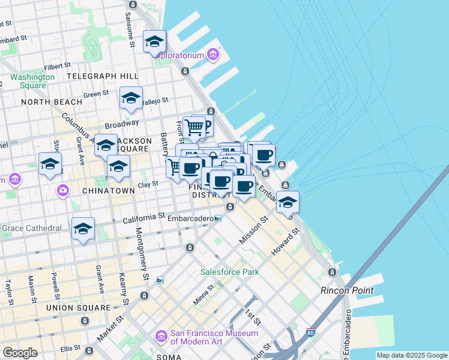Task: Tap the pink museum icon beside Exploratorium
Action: (x=212, y=56)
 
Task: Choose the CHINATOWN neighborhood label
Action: (x=109, y=190)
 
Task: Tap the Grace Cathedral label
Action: (x=31, y=228)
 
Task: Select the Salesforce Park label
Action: (x=230, y=272)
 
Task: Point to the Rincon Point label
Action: (x=347, y=290)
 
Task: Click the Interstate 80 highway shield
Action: (x=310, y=331)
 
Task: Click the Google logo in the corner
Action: (x=20, y=352)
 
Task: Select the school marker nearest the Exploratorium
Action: (x=154, y=43)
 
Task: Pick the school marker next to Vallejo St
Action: (x=131, y=99)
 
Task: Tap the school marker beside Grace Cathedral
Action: (x=83, y=229)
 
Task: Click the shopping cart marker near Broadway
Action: (x=194, y=127)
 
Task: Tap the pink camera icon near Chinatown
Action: (x=64, y=190)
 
